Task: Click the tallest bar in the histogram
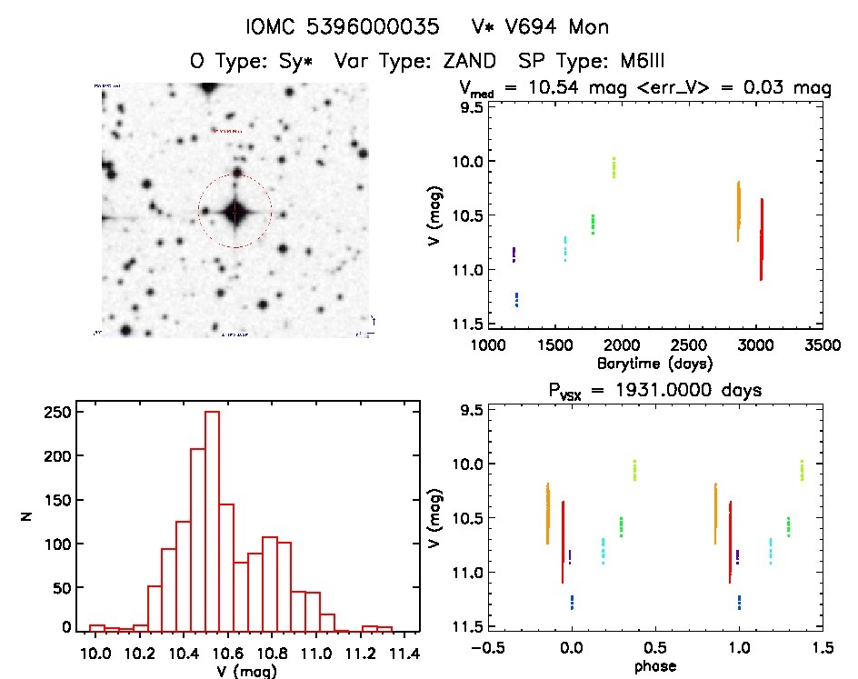[x=213, y=518]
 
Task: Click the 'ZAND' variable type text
[x=470, y=62]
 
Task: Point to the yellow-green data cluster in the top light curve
[x=614, y=168]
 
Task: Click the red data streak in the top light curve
[x=761, y=241]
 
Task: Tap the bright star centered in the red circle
[x=235, y=211]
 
